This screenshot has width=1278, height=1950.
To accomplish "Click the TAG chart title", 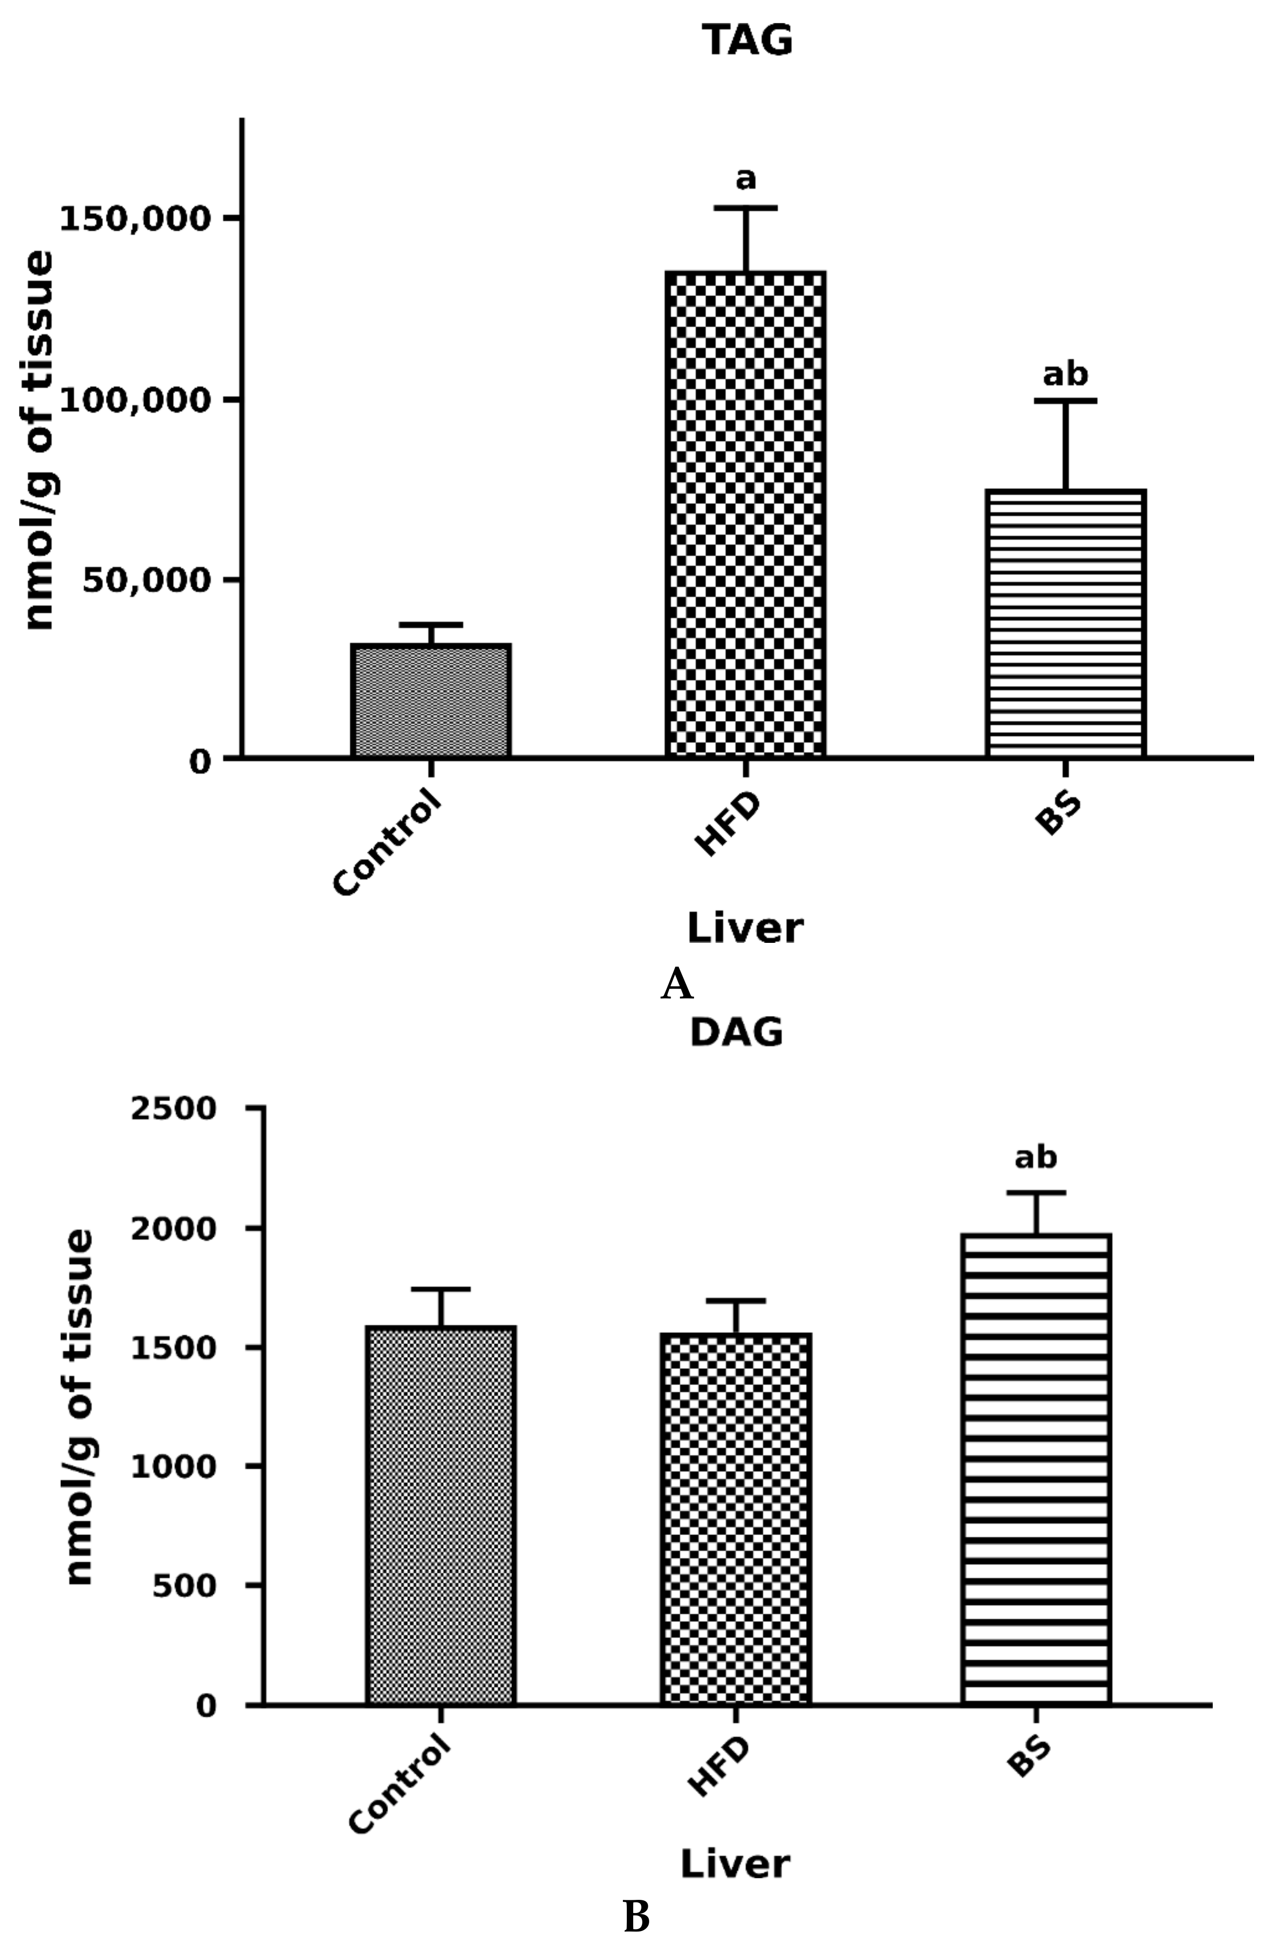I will (747, 41).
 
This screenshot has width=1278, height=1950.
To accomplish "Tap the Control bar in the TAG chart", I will (431, 700).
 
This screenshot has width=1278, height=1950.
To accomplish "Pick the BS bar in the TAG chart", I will (1065, 623).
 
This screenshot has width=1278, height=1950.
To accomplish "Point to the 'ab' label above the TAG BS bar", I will (1065, 375).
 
